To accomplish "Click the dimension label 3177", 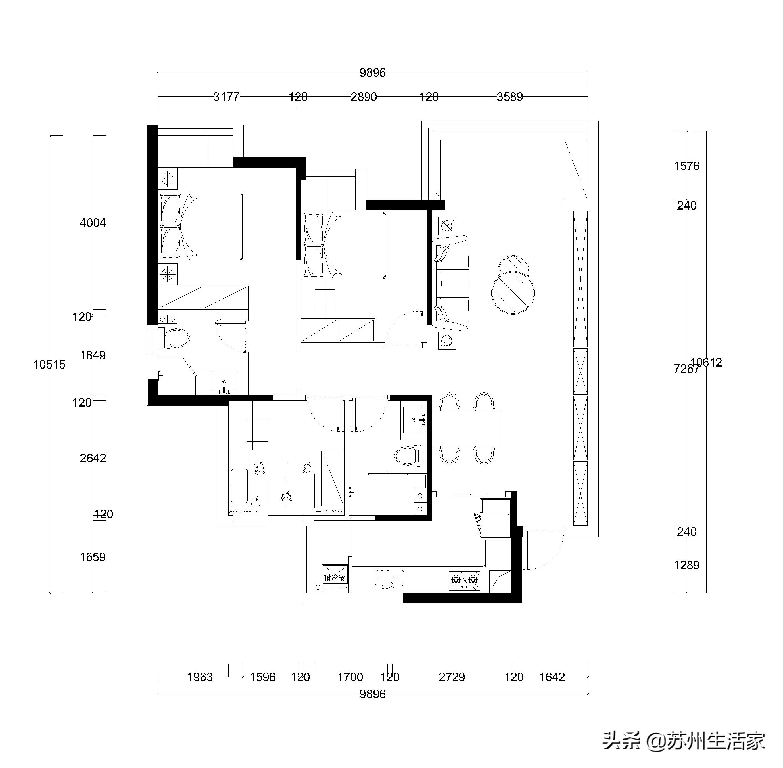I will pos(226,97).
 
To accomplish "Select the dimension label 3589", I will pos(510,97).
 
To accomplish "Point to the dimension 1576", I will pos(687,166).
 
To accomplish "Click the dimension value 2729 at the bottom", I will pos(452,677).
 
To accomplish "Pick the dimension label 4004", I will pos(93,223).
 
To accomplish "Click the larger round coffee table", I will pos(513,292).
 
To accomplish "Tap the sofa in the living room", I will pos(451,283).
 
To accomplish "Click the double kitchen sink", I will pos(389,579).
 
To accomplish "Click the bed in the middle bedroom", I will pos(345,245).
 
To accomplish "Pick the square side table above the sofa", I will pos(446,226).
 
